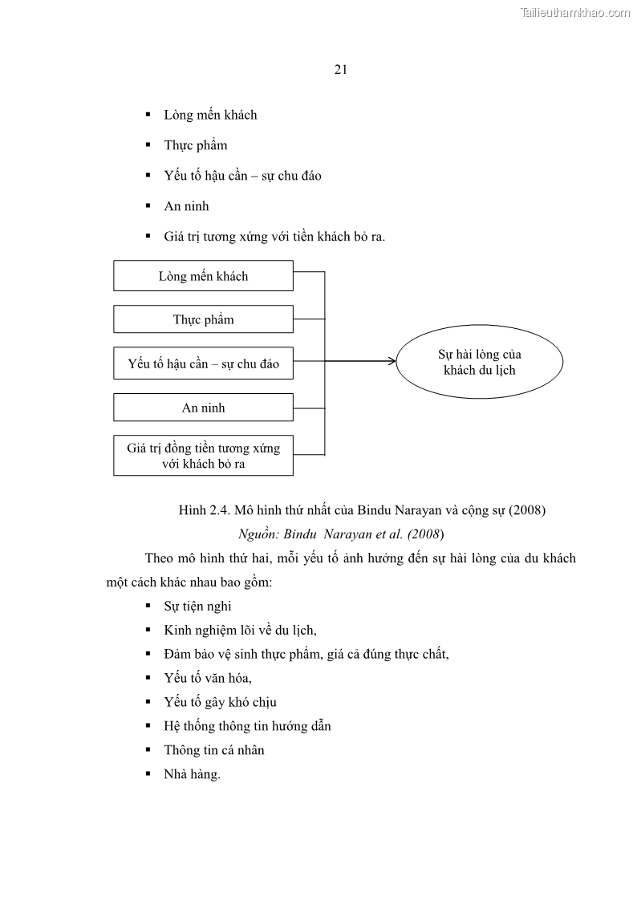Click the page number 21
coord(340,70)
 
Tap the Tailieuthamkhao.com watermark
coord(575,12)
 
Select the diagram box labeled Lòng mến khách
coord(203,276)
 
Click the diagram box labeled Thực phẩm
coord(203,319)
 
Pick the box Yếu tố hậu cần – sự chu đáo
coord(203,363)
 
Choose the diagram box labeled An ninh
coord(203,408)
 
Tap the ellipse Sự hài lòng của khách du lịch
coord(480,362)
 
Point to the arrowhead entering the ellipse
coord(392,361)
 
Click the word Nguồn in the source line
coord(257,533)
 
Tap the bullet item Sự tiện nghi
coord(197,606)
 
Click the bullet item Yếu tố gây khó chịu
coord(220,702)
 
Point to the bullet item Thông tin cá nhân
coord(214,750)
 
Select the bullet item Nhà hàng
coord(192,774)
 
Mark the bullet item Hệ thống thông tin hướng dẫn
coord(247,726)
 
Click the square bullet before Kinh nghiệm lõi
coord(148,630)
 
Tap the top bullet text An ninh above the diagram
coord(186,206)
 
